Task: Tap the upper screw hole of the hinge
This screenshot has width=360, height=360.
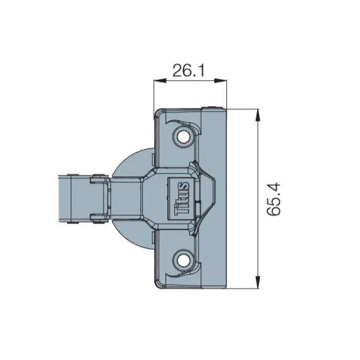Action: (184, 136)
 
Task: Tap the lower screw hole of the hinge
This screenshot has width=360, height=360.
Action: (184, 258)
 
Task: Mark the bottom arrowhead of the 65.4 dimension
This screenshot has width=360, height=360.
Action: (258, 284)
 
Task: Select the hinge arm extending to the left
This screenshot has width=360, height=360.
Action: (76, 197)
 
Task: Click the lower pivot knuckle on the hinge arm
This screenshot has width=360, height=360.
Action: (97, 218)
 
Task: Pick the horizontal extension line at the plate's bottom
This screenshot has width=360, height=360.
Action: (243, 289)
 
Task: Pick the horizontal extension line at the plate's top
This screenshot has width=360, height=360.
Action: (243, 109)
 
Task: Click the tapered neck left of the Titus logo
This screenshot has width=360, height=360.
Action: (145, 197)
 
